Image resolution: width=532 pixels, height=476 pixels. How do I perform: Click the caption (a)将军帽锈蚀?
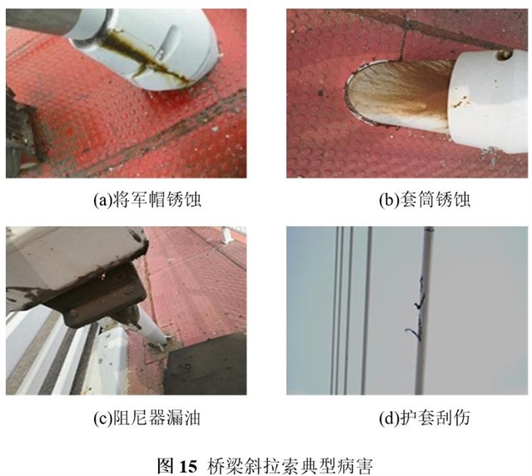[147, 199]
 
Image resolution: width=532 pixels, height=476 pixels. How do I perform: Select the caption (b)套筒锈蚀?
[425, 199]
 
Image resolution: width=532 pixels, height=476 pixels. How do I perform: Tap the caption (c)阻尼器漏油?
[147, 418]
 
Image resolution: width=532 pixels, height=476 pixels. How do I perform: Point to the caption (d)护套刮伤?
[425, 418]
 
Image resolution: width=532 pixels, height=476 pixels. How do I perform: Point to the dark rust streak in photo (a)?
[146, 56]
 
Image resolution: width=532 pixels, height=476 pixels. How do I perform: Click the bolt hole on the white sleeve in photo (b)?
[503, 53]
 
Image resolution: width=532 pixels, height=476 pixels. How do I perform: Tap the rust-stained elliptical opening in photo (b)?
[397, 93]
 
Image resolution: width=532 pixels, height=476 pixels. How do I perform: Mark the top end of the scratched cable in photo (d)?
[429, 228]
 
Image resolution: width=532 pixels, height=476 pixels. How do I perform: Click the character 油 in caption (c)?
[192, 418]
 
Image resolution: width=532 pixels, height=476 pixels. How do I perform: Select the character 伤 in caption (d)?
[462, 418]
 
